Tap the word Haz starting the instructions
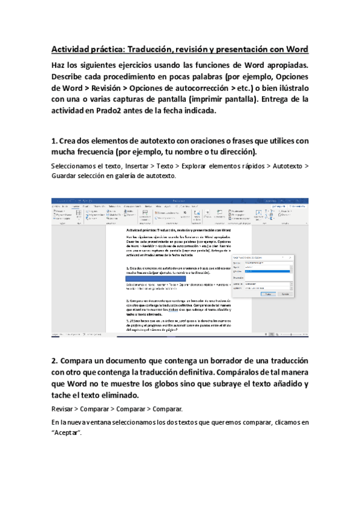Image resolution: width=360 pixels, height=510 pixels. click(x=59, y=65)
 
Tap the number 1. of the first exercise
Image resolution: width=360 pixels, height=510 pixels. click(x=55, y=140)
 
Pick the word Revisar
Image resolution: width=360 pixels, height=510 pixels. click(x=65, y=408)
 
